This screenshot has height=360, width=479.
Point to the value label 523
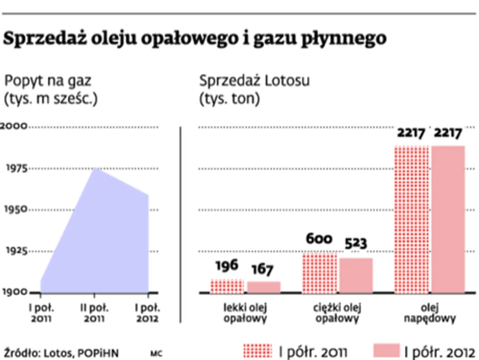coord(355,244)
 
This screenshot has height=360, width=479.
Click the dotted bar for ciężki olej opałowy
coord(320,273)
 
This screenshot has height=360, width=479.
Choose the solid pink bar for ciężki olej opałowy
coord(356,276)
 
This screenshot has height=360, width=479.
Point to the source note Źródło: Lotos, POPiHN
coord(61,352)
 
